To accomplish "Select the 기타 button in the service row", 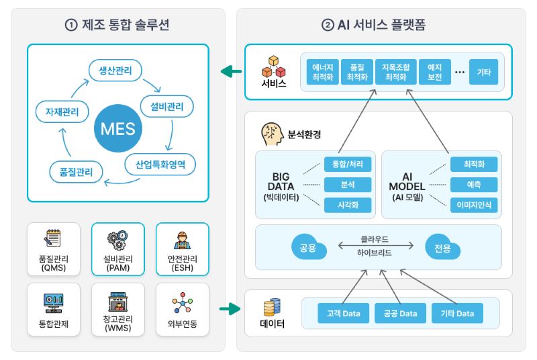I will click(483, 72).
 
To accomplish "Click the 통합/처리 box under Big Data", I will click(347, 164).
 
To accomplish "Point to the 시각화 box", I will click(347, 206).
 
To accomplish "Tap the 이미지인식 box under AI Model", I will click(474, 206).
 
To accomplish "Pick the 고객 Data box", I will click(343, 314).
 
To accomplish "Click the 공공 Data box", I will click(400, 314).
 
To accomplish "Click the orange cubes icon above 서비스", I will click(273, 64).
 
